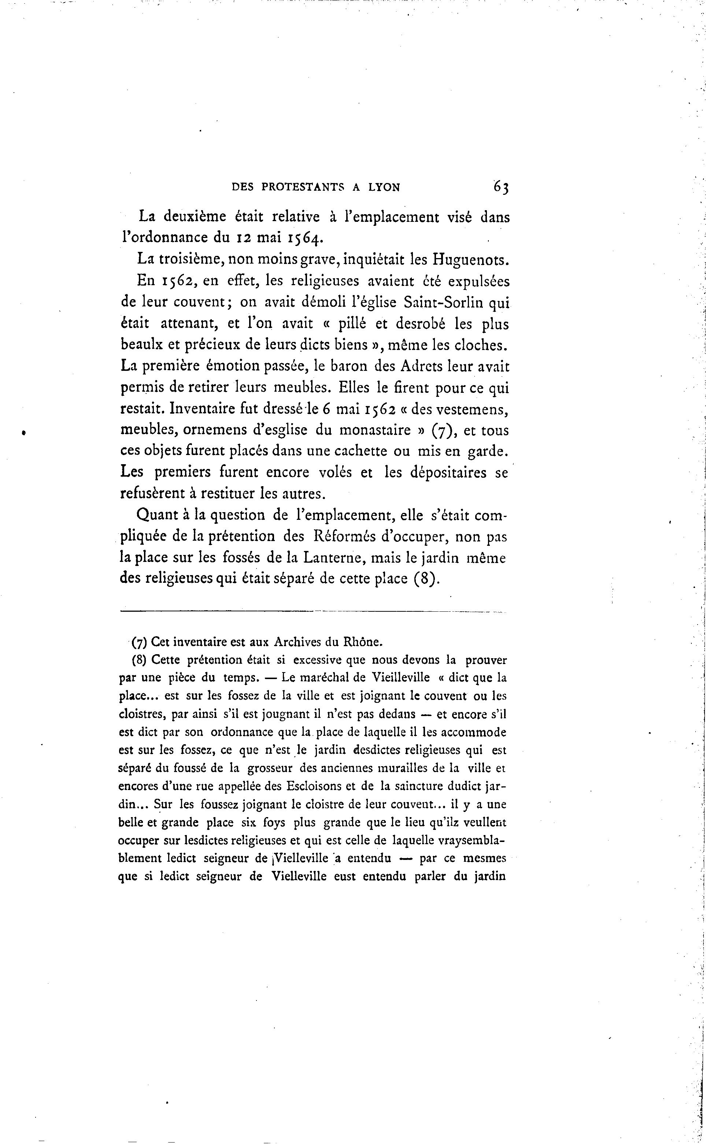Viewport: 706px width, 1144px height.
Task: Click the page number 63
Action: (500, 187)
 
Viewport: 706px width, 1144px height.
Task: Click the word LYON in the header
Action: (384, 187)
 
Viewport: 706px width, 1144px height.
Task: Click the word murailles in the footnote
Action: (417, 768)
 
